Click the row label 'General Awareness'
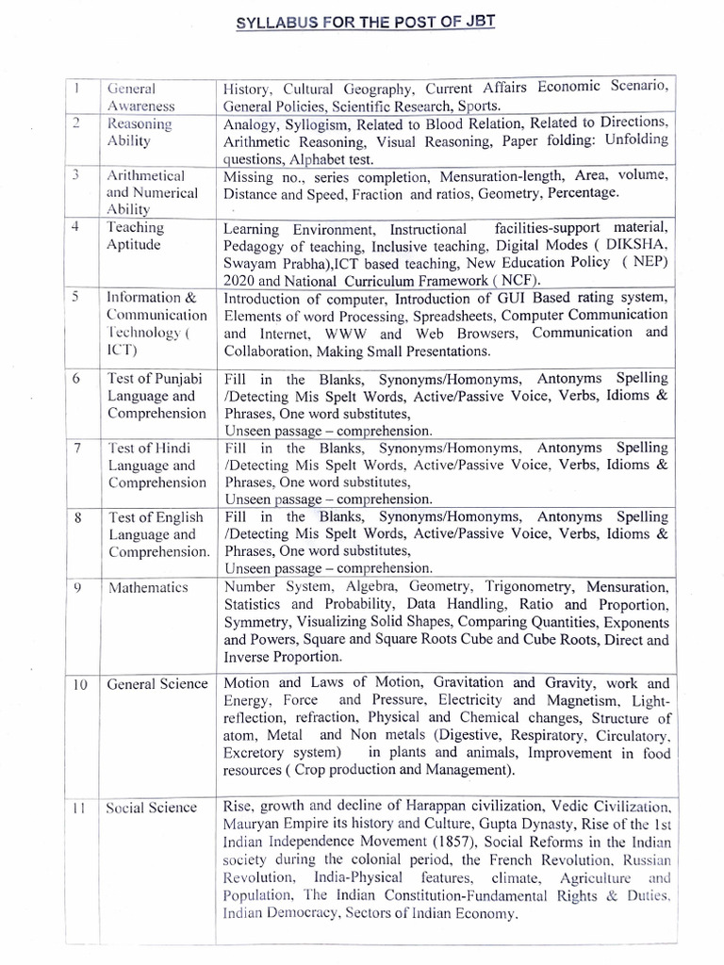point(136,97)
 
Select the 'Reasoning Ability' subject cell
point(140,132)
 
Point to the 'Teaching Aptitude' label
point(136,236)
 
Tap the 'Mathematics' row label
point(148,588)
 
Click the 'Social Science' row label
point(152,808)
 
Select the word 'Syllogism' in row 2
point(311,123)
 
